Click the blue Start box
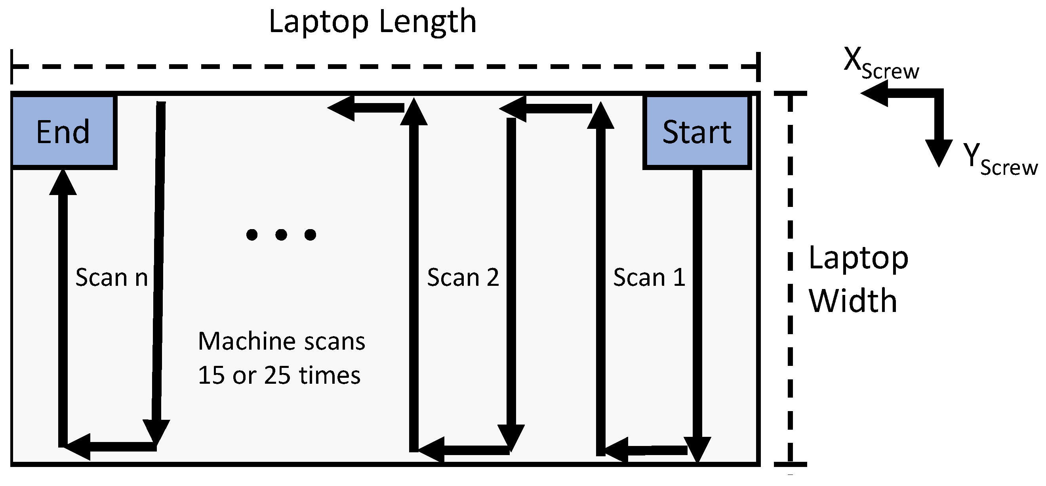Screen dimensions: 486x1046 click(697, 132)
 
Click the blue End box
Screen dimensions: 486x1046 click(63, 132)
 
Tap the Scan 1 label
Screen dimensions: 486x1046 click(649, 278)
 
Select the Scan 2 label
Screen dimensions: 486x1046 click(463, 278)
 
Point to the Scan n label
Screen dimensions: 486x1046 click(112, 278)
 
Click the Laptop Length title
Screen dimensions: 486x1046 click(372, 22)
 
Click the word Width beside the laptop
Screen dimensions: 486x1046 click(853, 301)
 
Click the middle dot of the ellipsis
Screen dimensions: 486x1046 click(281, 234)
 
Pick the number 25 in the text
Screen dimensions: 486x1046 click(277, 375)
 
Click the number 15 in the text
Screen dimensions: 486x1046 click(211, 375)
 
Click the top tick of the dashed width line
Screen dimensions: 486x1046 click(790, 94)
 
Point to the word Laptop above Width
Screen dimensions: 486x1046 click(858, 258)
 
